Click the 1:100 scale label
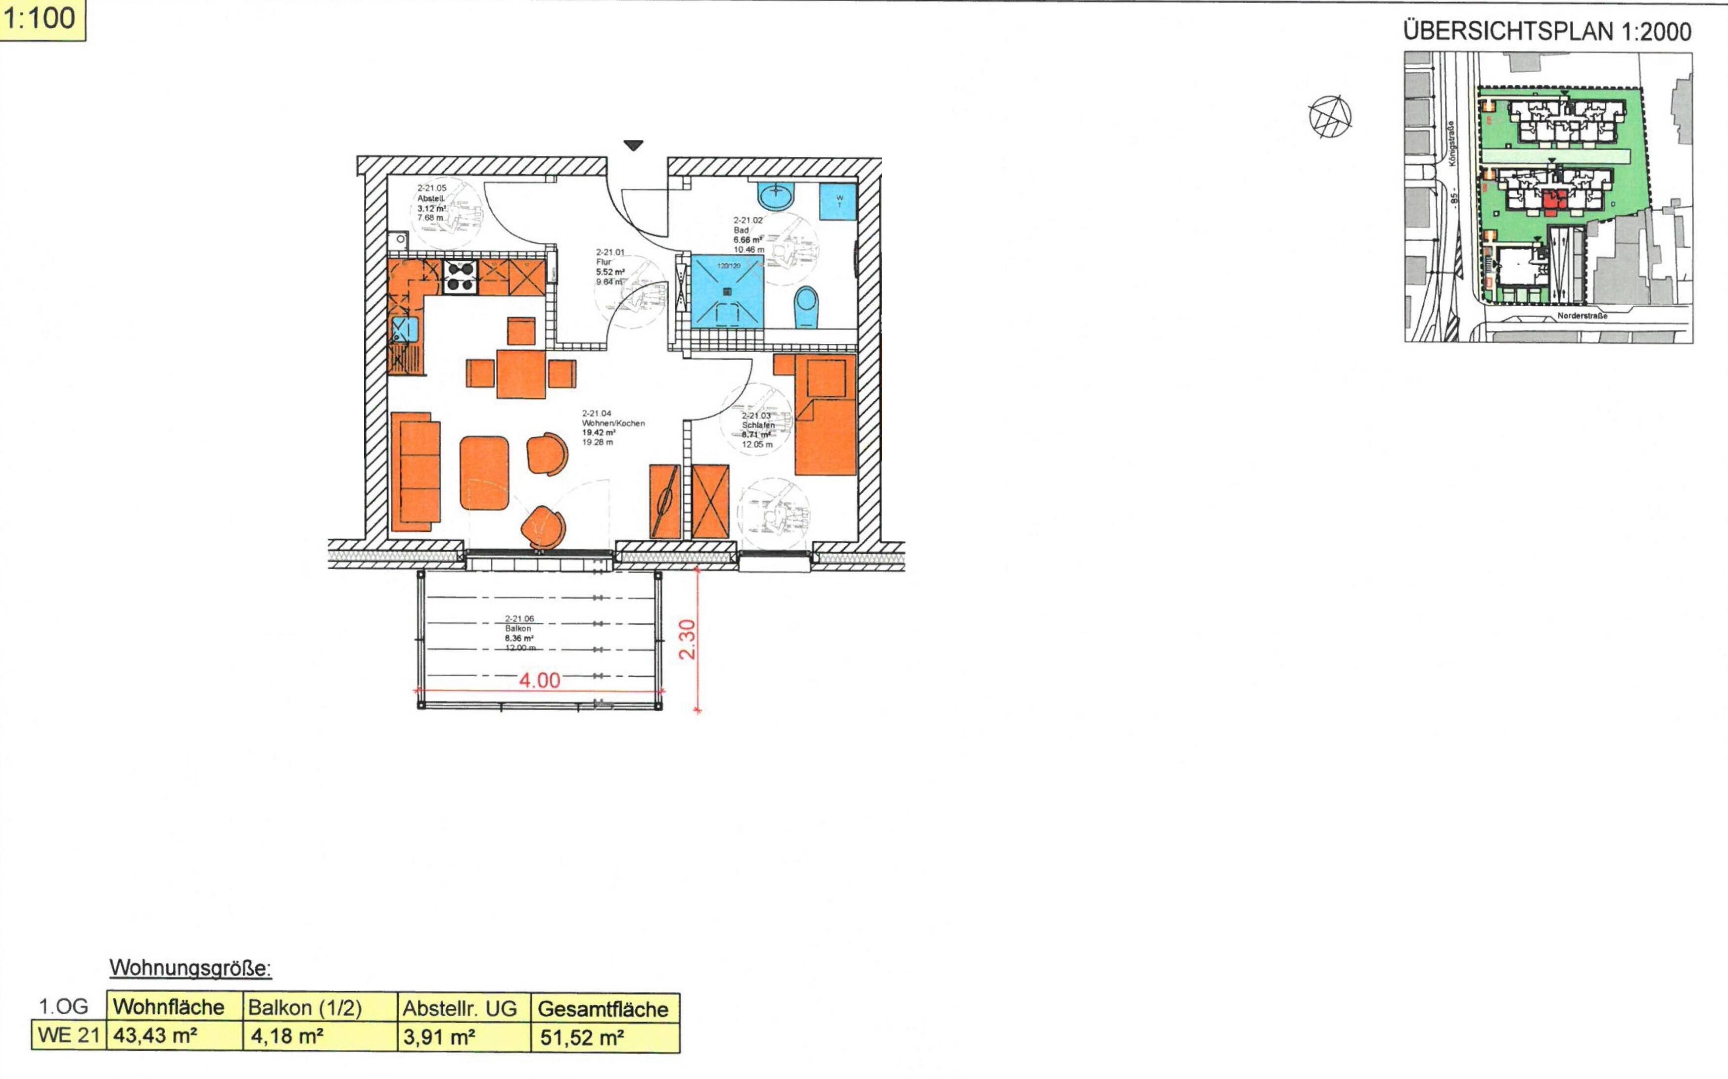point(42,19)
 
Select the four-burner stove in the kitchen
point(460,277)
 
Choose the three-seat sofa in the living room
point(415,471)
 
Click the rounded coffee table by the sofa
point(484,473)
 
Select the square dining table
point(521,373)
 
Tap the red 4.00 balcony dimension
point(539,680)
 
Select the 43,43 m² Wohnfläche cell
point(174,1035)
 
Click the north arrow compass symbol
point(1331,116)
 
